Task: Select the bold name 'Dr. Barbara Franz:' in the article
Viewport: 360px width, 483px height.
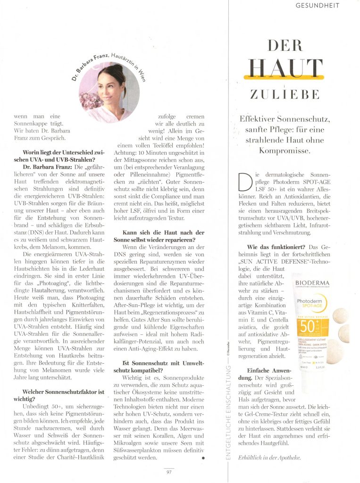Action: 47,167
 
